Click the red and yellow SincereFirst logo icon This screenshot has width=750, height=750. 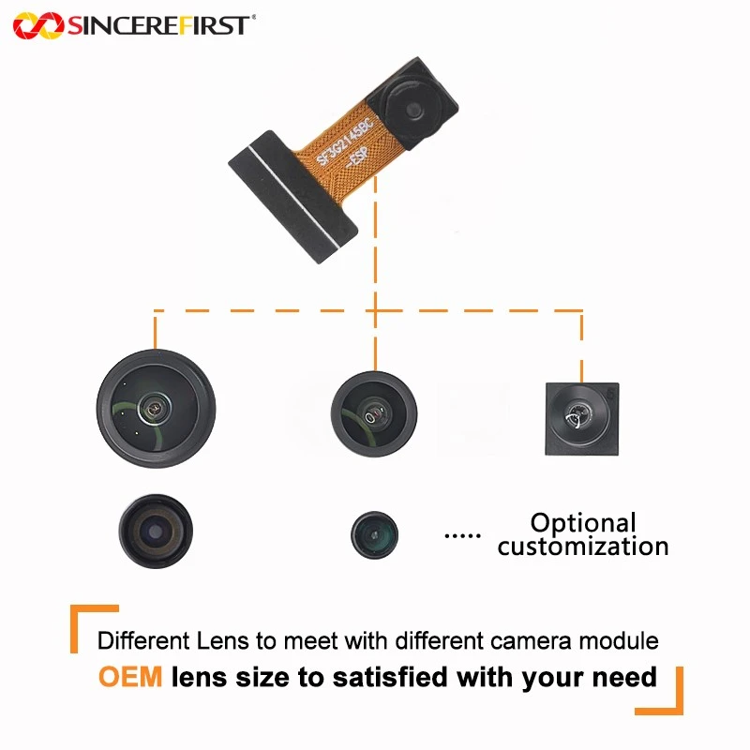pyautogui.click(x=38, y=25)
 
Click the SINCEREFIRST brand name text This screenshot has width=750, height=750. pyautogui.click(x=158, y=25)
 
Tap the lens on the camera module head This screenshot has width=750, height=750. pyautogui.click(x=413, y=110)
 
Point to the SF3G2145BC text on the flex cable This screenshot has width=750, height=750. pyautogui.click(x=344, y=141)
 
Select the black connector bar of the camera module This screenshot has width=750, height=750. pyautogui.click(x=292, y=197)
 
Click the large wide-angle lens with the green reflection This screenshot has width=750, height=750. pyautogui.click(x=156, y=409)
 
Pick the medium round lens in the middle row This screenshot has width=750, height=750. pyautogui.click(x=374, y=414)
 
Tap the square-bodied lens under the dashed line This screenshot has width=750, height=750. pyautogui.click(x=582, y=419)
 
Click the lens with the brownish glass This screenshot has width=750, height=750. pyautogui.click(x=156, y=532)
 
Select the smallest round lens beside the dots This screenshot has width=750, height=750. pyautogui.click(x=374, y=534)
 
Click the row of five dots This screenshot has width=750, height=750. pyautogui.click(x=462, y=535)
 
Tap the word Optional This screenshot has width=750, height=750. pyautogui.click(x=583, y=523)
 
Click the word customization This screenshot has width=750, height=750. pyautogui.click(x=583, y=547)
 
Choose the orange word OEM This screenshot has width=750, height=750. pyautogui.click(x=130, y=677)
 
